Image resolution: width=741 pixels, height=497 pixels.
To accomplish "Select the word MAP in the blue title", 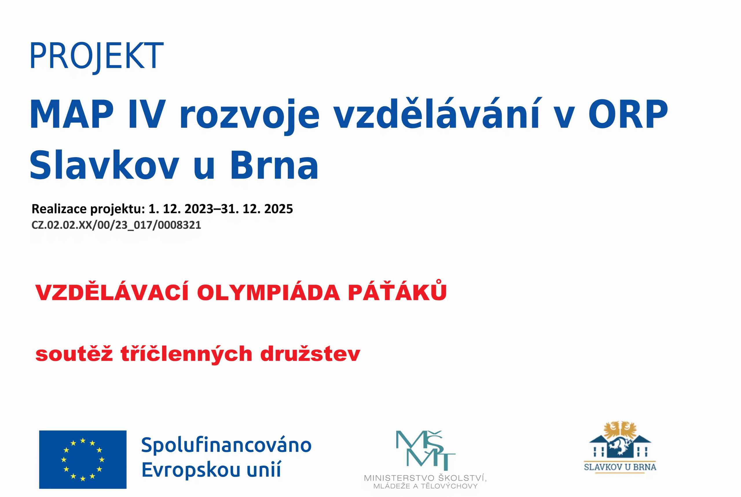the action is click(x=71, y=114).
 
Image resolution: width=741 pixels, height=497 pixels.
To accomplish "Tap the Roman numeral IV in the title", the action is click(x=147, y=114).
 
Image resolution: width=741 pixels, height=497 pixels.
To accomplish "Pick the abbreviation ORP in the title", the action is click(x=628, y=114).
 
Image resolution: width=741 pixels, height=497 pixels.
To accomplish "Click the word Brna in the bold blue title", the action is click(x=274, y=165).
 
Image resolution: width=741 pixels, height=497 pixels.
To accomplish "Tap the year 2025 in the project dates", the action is click(x=278, y=209).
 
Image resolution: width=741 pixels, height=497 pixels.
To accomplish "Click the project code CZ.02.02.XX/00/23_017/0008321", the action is click(x=116, y=225).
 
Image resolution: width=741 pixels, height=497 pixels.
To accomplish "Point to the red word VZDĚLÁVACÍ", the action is click(x=113, y=291).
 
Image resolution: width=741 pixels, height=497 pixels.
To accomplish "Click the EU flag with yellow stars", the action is click(x=83, y=459).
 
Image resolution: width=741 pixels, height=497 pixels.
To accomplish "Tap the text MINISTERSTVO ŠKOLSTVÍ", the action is click(x=425, y=478).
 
